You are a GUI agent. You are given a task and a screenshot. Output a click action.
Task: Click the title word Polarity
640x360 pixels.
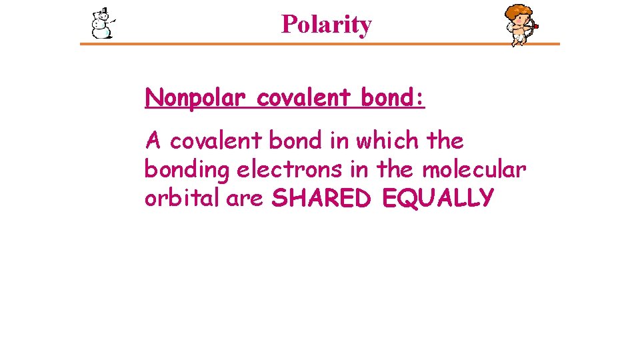326,25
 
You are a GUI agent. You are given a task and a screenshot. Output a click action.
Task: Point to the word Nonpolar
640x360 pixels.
197,99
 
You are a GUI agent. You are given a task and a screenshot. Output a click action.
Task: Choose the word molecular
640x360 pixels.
474,169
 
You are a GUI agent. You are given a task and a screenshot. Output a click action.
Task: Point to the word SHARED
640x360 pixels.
323,198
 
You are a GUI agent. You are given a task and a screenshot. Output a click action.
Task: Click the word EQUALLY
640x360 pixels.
438,198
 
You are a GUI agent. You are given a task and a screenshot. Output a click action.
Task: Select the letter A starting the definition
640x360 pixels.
153,141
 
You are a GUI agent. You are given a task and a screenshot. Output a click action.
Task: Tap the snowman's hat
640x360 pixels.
103,11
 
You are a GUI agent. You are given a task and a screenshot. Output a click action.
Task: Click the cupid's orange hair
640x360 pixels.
518,11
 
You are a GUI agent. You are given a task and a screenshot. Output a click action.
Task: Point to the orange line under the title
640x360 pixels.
320,45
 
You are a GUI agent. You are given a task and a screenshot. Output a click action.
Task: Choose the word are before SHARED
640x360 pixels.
245,199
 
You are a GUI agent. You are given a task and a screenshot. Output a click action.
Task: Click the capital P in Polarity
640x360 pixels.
288,25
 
